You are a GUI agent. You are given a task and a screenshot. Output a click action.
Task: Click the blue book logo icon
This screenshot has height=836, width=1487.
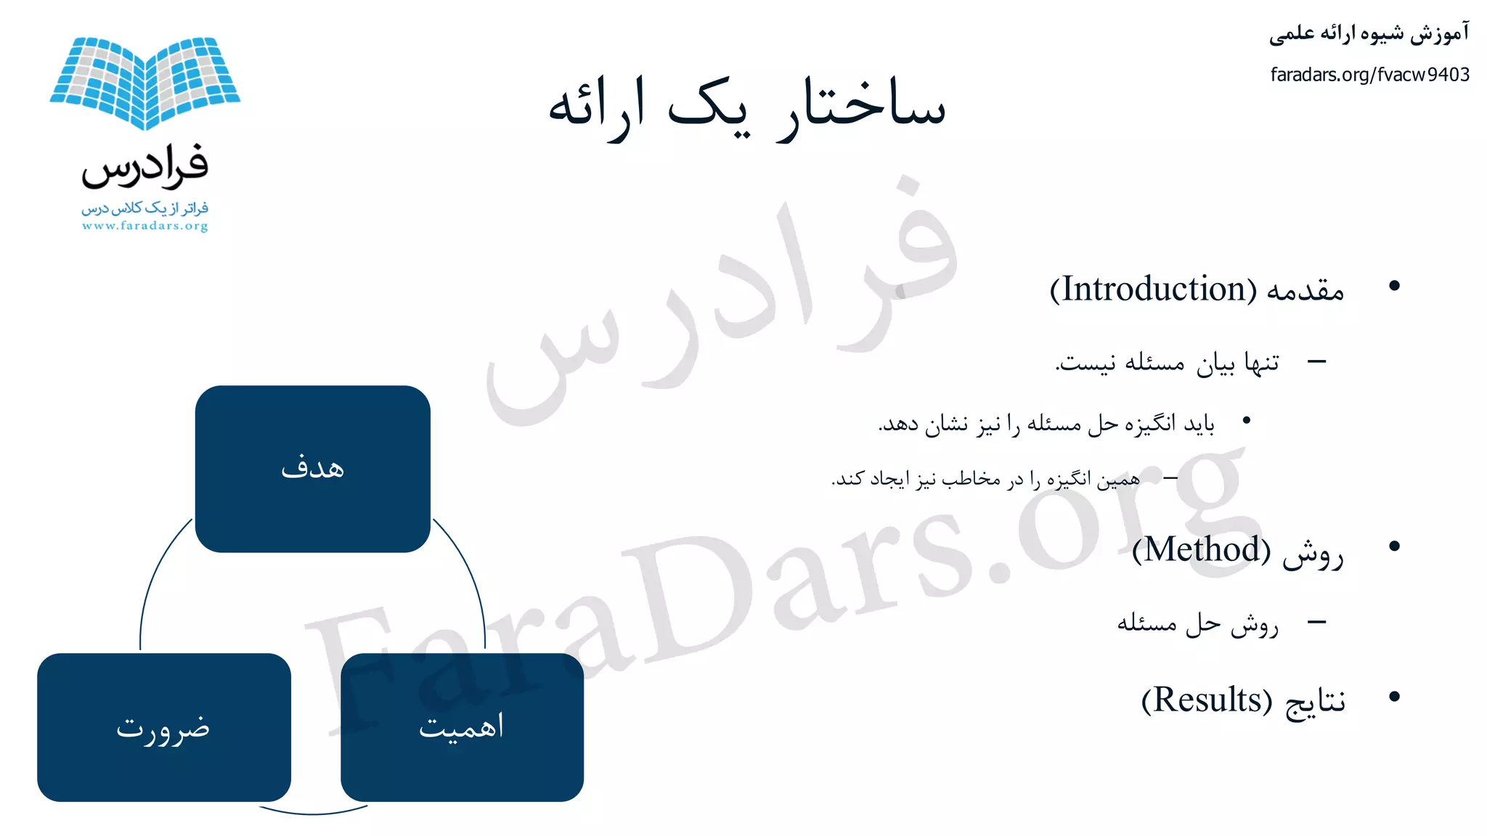tap(145, 81)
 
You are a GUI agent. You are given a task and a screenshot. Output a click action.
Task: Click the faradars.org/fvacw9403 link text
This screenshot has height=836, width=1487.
tap(1369, 75)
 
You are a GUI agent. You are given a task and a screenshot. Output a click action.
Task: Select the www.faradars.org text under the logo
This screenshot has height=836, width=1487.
tap(145, 226)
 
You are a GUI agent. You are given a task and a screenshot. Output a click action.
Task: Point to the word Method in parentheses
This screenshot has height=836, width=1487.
tap(1202, 549)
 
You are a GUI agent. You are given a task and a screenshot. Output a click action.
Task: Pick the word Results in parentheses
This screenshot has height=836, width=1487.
tap(1207, 700)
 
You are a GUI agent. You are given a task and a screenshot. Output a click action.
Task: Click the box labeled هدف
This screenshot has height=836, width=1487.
tap(313, 469)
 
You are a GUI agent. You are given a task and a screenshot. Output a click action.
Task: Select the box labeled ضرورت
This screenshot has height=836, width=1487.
tap(164, 727)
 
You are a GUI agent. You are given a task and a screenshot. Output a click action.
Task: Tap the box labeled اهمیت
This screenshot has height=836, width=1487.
tap(462, 727)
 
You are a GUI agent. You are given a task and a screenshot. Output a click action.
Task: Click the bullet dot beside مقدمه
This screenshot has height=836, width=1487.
tap(1393, 286)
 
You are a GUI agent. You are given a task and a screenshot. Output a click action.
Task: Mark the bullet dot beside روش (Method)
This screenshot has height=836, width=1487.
tap(1393, 546)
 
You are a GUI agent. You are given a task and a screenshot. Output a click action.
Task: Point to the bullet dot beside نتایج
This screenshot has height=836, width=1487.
tap(1393, 697)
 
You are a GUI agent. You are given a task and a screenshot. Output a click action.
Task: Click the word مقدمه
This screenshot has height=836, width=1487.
tap(1305, 290)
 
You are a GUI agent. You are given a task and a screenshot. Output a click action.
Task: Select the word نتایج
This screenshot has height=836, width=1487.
tap(1315, 702)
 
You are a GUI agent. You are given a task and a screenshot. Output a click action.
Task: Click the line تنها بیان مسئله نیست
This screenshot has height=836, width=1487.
tap(1167, 361)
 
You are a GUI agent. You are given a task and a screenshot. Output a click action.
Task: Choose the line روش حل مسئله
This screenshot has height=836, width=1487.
tap(1197, 623)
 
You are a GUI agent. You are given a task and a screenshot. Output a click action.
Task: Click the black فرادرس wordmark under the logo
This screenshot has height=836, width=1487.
tap(145, 165)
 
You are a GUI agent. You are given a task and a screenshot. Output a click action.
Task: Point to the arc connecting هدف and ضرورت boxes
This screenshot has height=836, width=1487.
tap(152, 581)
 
